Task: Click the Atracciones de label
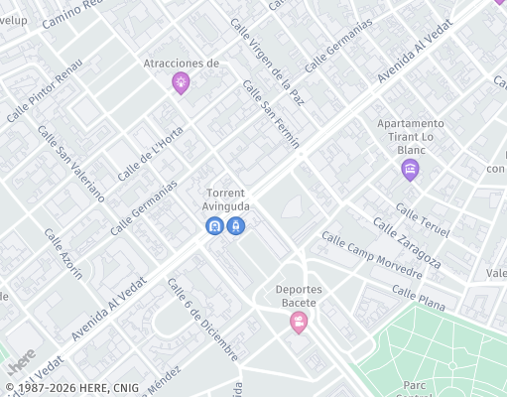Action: click(x=181, y=63)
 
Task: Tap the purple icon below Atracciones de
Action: click(x=181, y=82)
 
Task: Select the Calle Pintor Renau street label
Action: click(x=44, y=90)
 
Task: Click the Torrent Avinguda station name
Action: click(x=226, y=198)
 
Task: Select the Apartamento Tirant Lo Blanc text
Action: click(x=410, y=137)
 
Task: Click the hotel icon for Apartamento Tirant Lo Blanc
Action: click(x=410, y=170)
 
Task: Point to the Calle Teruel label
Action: click(x=422, y=220)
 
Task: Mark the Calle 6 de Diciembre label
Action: click(x=202, y=320)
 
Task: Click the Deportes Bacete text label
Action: click(x=298, y=296)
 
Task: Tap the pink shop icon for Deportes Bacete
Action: click(x=298, y=322)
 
